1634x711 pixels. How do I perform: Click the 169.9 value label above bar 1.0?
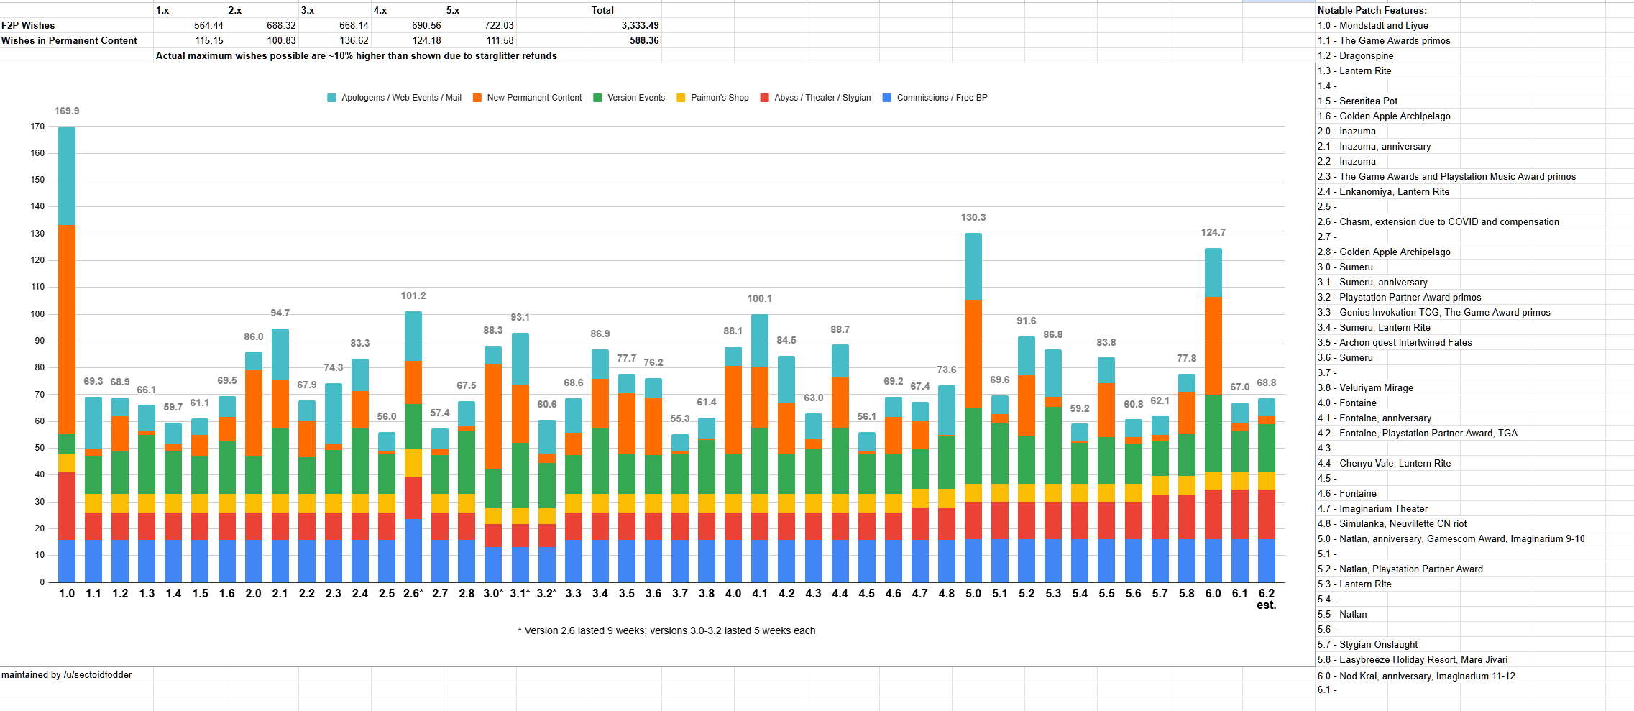tap(67, 111)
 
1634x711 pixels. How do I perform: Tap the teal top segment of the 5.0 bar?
tap(973, 266)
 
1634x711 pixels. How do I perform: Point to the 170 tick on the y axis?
tap(37, 127)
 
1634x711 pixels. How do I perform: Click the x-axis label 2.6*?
tap(413, 594)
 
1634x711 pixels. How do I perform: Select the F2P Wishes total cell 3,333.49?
tap(640, 25)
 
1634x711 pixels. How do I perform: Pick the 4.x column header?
tap(380, 10)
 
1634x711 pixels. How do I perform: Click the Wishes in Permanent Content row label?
tap(69, 40)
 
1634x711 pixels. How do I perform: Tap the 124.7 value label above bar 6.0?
tap(1213, 232)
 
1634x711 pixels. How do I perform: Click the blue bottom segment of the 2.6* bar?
tap(413, 550)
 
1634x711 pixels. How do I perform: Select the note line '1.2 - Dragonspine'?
tap(1355, 55)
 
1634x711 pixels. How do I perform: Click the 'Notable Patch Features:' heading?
tap(1372, 10)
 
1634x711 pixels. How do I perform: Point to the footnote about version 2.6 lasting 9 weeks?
tap(666, 630)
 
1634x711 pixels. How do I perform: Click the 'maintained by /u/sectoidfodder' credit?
tap(67, 674)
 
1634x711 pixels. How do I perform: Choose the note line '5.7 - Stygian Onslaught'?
tap(1367, 644)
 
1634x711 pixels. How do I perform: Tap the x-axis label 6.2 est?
tap(1266, 599)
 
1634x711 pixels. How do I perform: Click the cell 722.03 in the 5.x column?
tap(498, 25)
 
